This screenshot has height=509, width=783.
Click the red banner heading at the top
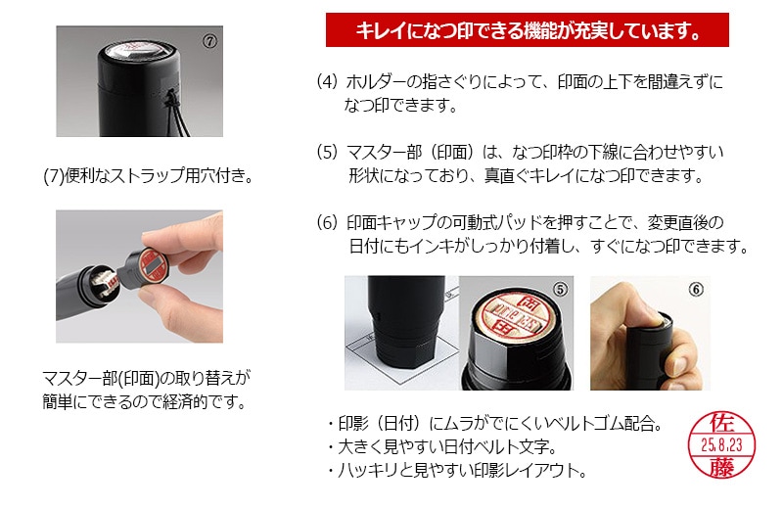(x=527, y=30)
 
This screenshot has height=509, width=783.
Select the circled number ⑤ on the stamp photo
(x=560, y=290)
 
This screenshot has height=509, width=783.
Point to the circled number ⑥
(x=696, y=290)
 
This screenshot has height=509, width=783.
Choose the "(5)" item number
(x=327, y=153)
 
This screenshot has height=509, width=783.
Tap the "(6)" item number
(x=327, y=223)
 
